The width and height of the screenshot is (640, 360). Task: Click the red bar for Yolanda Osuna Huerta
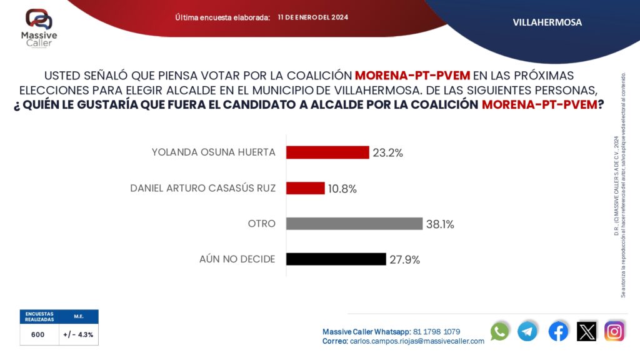click(327, 152)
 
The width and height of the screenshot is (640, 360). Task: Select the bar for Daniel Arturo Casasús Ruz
click(306, 188)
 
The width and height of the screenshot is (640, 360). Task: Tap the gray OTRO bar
click(354, 223)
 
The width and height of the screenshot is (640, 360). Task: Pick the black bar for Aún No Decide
click(336, 259)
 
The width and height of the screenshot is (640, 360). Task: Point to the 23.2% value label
click(388, 152)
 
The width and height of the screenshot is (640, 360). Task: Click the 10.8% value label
click(342, 189)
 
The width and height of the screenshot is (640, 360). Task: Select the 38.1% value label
click(440, 224)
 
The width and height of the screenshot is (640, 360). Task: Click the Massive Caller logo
click(39, 27)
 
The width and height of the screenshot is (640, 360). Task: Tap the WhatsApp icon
click(500, 331)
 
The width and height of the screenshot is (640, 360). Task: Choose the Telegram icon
click(527, 331)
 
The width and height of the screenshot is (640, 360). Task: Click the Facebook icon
click(558, 331)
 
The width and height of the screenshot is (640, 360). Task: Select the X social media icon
click(587, 331)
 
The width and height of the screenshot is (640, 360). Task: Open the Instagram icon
click(615, 331)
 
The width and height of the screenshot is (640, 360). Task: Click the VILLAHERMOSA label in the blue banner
click(547, 22)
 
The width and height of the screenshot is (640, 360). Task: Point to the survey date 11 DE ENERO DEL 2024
click(313, 17)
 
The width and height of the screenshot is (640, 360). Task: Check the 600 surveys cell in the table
click(38, 334)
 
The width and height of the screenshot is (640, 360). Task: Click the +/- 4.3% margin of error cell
click(79, 334)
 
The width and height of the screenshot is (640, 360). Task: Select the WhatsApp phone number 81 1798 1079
click(437, 331)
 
